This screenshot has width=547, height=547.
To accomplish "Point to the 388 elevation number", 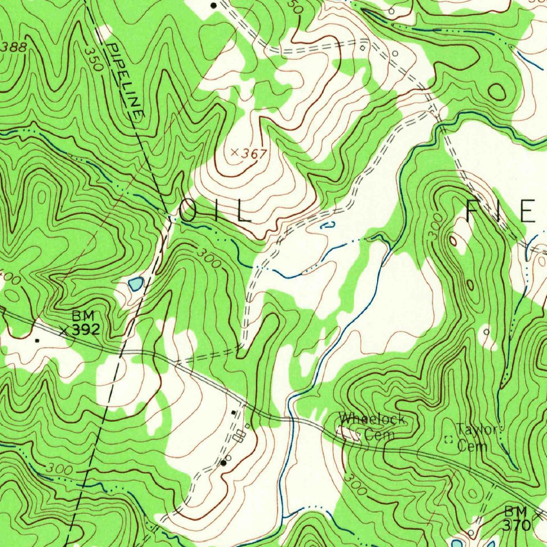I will (13, 47).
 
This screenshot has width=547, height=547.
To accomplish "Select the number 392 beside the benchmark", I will (85, 330).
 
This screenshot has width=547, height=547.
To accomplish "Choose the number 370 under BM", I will (517, 526).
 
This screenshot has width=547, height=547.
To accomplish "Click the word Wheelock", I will (372, 419).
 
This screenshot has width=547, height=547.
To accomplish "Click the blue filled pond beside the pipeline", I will (136, 284).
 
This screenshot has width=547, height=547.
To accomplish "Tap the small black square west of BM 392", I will (37, 340).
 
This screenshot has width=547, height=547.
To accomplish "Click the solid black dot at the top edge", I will (214, 5).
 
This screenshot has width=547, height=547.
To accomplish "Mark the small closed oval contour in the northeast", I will (497, 92).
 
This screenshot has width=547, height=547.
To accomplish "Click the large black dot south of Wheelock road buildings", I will (223, 463).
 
